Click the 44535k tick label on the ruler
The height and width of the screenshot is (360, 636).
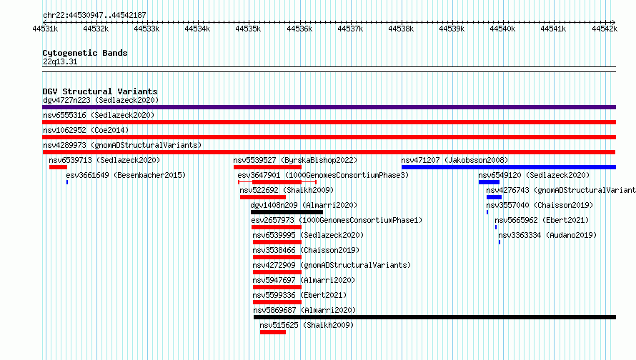click(248, 29)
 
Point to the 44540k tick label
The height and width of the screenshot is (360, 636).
click(502, 29)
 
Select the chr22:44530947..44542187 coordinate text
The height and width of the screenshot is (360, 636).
click(94, 16)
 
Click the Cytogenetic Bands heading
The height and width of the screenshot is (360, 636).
click(85, 53)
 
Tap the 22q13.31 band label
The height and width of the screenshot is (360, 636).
click(60, 61)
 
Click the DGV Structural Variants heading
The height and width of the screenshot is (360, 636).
click(100, 91)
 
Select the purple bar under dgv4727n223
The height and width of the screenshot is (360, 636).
click(329, 107)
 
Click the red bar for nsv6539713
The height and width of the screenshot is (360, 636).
click(58, 167)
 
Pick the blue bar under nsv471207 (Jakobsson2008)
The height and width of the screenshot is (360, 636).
click(509, 167)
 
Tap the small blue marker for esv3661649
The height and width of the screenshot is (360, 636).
click(67, 182)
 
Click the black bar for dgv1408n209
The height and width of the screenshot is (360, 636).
click(287, 212)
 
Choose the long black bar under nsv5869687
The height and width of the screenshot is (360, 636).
click(434, 317)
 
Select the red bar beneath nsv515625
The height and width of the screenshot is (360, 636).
click(273, 332)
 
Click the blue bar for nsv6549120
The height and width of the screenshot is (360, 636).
click(489, 182)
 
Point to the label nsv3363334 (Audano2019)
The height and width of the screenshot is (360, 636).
click(547, 235)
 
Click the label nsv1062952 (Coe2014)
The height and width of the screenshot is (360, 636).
click(86, 130)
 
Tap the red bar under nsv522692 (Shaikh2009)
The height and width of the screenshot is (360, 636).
click(263, 197)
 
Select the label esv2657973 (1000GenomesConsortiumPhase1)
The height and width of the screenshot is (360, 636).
click(337, 220)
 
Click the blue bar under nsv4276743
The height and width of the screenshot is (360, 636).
click(494, 197)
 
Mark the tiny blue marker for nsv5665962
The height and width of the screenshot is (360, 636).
click(496, 227)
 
